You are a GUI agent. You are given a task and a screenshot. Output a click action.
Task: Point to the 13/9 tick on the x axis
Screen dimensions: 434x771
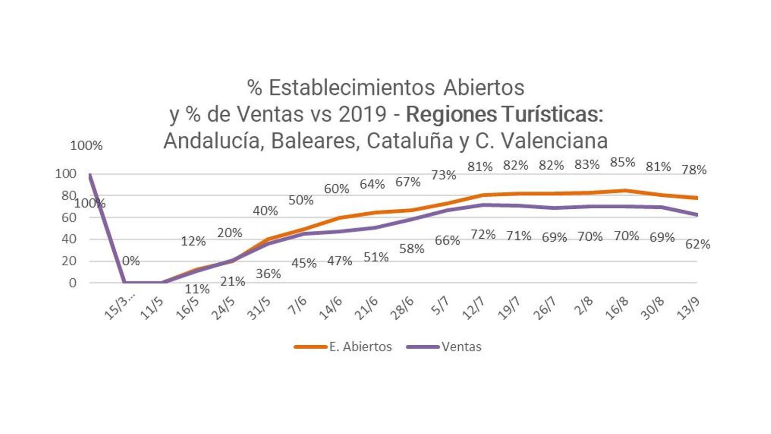coord(688,308)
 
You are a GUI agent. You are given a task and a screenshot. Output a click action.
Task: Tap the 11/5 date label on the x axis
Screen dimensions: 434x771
coord(152,308)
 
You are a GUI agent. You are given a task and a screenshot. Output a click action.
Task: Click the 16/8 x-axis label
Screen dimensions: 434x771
coord(617,308)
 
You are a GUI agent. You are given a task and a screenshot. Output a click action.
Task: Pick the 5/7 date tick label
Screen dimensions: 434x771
coord(440,306)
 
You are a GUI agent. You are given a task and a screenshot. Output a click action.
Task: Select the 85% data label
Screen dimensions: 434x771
coord(623,163)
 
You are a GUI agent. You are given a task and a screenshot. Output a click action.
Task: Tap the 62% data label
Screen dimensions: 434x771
coord(698,244)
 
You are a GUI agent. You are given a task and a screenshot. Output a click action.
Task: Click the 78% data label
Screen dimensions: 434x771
coord(694,170)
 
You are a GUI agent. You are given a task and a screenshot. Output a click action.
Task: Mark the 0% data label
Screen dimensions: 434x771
coord(131,261)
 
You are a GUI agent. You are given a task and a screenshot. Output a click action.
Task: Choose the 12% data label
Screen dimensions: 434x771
coord(193,241)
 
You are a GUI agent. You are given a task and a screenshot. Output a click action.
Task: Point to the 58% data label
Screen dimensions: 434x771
coord(412,249)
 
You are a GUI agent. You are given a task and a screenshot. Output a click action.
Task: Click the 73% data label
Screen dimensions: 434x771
coord(443,175)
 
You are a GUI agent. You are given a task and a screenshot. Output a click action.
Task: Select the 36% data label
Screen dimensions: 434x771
coord(268,274)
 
